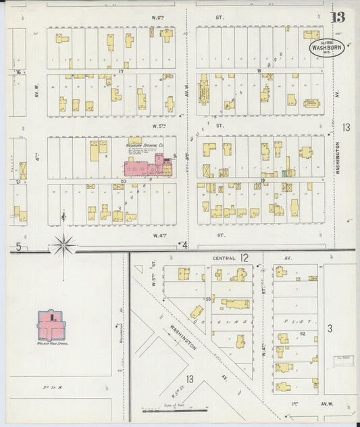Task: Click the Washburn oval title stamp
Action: coord(326,47)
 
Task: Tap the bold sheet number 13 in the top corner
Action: coord(337,18)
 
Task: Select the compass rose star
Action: coord(63,245)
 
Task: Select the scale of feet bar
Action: coord(175,409)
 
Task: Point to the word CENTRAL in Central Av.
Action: coord(224,258)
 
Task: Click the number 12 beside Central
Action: coord(244,257)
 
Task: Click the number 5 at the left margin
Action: coord(19,247)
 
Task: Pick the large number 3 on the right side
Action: coord(330,328)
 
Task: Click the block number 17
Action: coord(121,70)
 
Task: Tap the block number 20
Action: coord(123,181)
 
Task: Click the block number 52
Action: coord(303,334)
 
